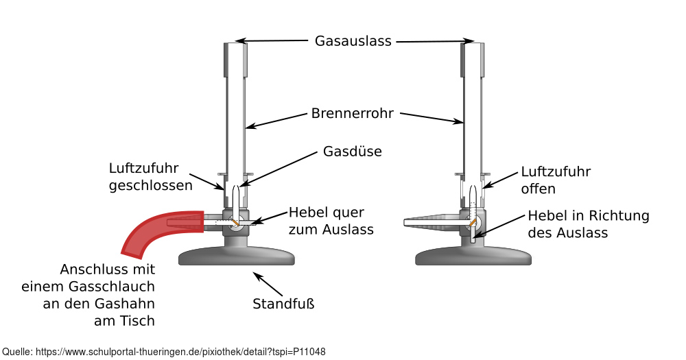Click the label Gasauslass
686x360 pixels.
pos(353,41)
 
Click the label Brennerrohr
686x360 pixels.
pos(352,113)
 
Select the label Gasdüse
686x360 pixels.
pos(352,151)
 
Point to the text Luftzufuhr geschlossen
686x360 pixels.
pos(150,176)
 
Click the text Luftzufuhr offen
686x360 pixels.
pos(555,180)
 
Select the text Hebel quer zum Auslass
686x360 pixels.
pos(331,220)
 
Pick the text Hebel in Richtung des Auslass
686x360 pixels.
pos(588,224)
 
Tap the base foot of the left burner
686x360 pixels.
pos(237,257)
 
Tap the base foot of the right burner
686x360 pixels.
pos(474,257)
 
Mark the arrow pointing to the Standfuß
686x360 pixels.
pos(268,283)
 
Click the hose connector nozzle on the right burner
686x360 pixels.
pos(432,221)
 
